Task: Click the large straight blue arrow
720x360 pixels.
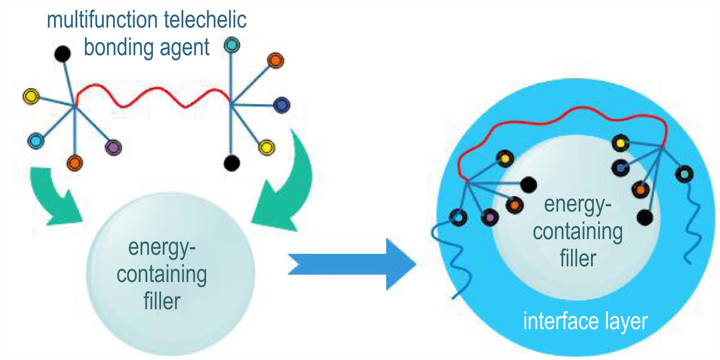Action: pyautogui.click(x=352, y=264)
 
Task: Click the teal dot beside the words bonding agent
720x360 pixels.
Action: pyautogui.click(x=232, y=45)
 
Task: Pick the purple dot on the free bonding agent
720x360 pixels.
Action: pyautogui.click(x=113, y=147)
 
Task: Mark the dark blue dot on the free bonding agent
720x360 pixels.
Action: pyautogui.click(x=281, y=105)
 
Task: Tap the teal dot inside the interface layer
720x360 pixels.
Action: pyautogui.click(x=684, y=174)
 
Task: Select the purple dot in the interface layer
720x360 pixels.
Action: pyautogui.click(x=490, y=217)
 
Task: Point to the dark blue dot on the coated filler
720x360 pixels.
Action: pyautogui.click(x=621, y=168)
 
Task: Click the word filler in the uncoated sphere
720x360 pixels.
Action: pyautogui.click(x=162, y=301)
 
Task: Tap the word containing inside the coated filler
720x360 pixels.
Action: pyautogui.click(x=578, y=232)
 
